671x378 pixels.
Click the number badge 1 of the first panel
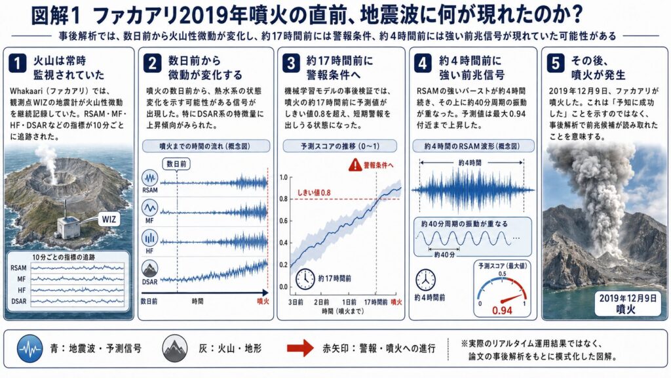(17, 64)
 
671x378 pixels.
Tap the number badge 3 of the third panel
(290, 64)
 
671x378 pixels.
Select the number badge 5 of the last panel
(555, 64)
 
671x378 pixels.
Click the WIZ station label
(109, 219)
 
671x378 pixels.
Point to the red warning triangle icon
(355, 165)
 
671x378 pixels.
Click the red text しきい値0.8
(314, 193)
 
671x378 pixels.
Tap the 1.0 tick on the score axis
(283, 177)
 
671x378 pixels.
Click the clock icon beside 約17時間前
(305, 278)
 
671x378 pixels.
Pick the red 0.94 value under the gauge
(503, 310)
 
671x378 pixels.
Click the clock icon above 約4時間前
(425, 280)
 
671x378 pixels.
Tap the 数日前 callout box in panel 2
(176, 163)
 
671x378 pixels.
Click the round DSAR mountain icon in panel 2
(150, 269)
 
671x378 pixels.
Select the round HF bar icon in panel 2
(150, 238)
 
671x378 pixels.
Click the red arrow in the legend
(300, 348)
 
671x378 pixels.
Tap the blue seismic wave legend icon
(30, 348)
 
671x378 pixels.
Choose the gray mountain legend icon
(175, 348)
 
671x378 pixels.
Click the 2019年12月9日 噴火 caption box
(627, 303)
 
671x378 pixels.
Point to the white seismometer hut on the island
(68, 226)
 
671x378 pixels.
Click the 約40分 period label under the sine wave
(444, 255)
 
